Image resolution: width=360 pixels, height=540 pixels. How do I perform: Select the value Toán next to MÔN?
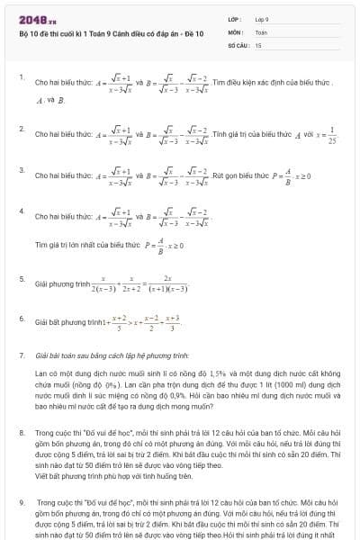(x=261, y=31)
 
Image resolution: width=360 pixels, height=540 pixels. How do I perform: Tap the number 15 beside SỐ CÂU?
(x=258, y=44)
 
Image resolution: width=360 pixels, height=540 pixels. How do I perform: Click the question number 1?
(x=21, y=77)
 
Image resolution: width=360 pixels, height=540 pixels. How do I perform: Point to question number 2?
(x=21, y=129)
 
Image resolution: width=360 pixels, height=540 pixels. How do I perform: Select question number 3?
(x=21, y=169)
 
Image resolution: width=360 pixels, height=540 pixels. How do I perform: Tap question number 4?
(x=21, y=211)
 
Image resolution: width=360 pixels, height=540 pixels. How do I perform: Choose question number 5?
(x=21, y=278)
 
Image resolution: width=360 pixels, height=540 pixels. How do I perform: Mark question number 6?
(x=21, y=318)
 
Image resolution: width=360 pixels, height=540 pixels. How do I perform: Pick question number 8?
(x=21, y=432)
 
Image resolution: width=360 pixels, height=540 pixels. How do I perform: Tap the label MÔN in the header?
(x=235, y=31)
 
